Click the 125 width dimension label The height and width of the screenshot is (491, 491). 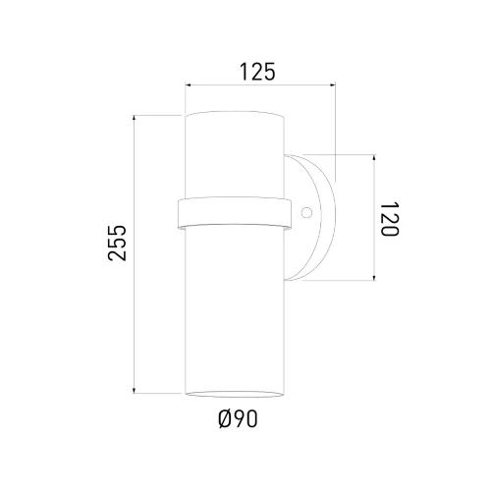tap(257, 72)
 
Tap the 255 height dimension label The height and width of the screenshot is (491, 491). tap(117, 243)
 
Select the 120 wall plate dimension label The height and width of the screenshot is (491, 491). tap(390, 219)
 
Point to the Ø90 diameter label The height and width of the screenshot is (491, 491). tap(238, 418)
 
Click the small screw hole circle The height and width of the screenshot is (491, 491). tap(306, 213)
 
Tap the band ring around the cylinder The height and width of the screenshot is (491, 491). tap(234, 213)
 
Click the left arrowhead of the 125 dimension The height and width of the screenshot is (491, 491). tap(188, 85)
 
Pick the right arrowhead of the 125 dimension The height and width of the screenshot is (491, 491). tap(333, 85)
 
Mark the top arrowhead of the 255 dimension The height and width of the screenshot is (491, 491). tap(134, 118)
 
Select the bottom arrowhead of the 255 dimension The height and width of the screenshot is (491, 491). tap(134, 391)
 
